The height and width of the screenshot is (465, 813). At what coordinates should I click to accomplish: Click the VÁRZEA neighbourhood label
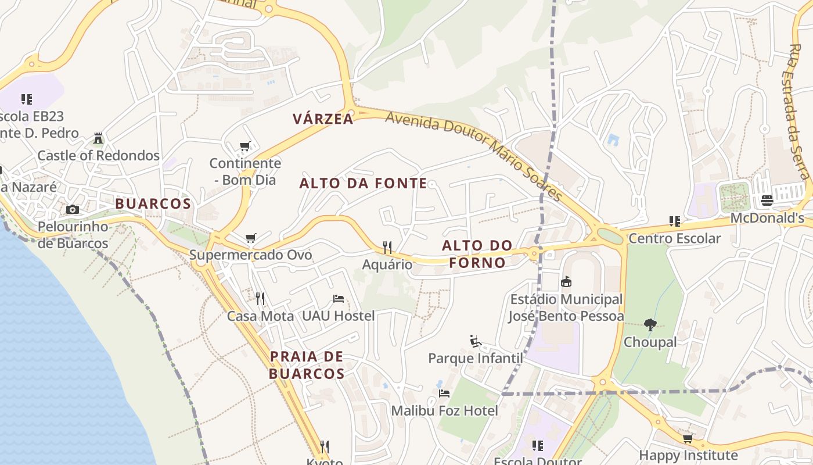323,119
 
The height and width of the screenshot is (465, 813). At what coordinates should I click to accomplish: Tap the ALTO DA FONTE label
363,184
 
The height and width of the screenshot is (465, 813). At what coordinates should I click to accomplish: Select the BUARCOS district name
153,204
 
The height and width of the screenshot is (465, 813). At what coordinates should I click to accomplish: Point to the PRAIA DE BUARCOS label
307,365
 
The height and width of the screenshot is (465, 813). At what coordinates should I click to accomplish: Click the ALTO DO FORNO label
477,254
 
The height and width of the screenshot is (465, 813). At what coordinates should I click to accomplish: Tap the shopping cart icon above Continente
245,146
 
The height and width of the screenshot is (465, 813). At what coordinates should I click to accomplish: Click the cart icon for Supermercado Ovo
251,238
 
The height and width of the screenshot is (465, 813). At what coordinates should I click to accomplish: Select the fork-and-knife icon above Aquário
387,248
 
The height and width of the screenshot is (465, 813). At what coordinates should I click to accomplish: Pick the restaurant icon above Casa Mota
260,299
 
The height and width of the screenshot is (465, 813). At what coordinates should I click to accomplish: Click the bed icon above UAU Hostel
339,299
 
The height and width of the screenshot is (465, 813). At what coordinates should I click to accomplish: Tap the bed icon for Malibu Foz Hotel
444,394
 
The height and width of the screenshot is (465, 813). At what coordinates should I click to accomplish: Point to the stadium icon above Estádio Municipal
566,282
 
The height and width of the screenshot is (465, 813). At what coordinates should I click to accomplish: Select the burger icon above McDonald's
767,201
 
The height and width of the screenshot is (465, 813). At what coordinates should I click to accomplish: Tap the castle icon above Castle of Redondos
98,138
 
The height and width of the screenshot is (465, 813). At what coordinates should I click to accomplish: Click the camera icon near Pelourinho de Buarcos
73,209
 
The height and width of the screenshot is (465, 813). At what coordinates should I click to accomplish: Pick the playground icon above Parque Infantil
476,341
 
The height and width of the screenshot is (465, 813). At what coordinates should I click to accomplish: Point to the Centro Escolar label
675,238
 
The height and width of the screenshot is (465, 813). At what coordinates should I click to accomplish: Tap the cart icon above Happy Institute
688,438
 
